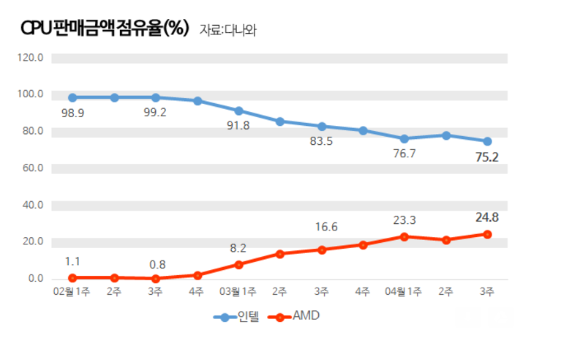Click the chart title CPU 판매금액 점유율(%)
coord(105,29)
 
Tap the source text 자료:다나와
coord(228,30)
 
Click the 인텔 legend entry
coord(238,318)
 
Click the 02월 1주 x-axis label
coord(72,291)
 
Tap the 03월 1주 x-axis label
coord(238,291)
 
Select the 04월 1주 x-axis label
coord(404,291)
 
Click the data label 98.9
coord(72,114)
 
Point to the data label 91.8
coord(238,126)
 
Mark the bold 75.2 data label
coord(486,157)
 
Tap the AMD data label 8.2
coord(238,247)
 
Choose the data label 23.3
coord(404,220)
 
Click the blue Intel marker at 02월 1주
coord(72,97)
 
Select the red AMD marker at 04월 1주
coord(404,236)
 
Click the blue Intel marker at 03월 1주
coord(238,110)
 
